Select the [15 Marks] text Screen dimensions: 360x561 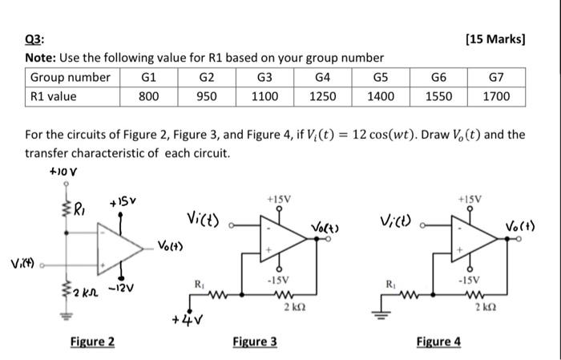(x=494, y=40)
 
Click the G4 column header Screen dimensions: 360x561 (x=322, y=77)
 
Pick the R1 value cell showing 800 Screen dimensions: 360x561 (x=148, y=96)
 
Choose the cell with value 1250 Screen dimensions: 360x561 (x=322, y=96)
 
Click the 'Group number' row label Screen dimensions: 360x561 (x=71, y=77)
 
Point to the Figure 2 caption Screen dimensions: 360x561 (x=91, y=342)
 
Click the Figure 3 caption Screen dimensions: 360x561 (x=255, y=342)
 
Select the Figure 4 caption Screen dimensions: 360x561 (x=438, y=342)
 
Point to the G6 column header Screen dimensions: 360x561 (x=438, y=77)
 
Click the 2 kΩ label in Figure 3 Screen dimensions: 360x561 (x=287, y=305)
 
